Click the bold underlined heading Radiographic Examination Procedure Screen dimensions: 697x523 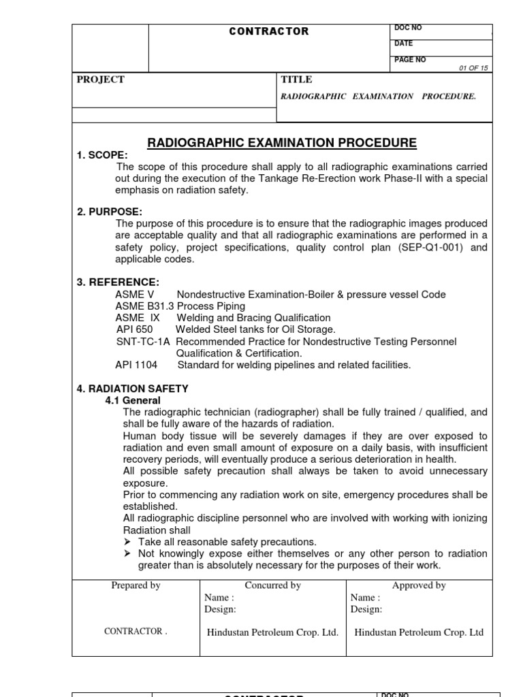282,143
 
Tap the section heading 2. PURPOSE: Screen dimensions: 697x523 110,212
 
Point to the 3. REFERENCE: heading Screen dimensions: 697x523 118,282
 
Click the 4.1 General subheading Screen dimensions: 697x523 133,400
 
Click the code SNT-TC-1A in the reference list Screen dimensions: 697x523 144,341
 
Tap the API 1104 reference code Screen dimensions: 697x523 136,365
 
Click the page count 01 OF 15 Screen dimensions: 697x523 474,67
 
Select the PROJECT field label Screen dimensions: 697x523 101,80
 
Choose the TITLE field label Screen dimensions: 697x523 297,80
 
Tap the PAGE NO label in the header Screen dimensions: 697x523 410,60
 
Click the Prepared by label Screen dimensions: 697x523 136,585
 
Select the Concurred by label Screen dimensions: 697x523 272,585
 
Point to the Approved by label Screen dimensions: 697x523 419,585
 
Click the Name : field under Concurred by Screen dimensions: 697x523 219,598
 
